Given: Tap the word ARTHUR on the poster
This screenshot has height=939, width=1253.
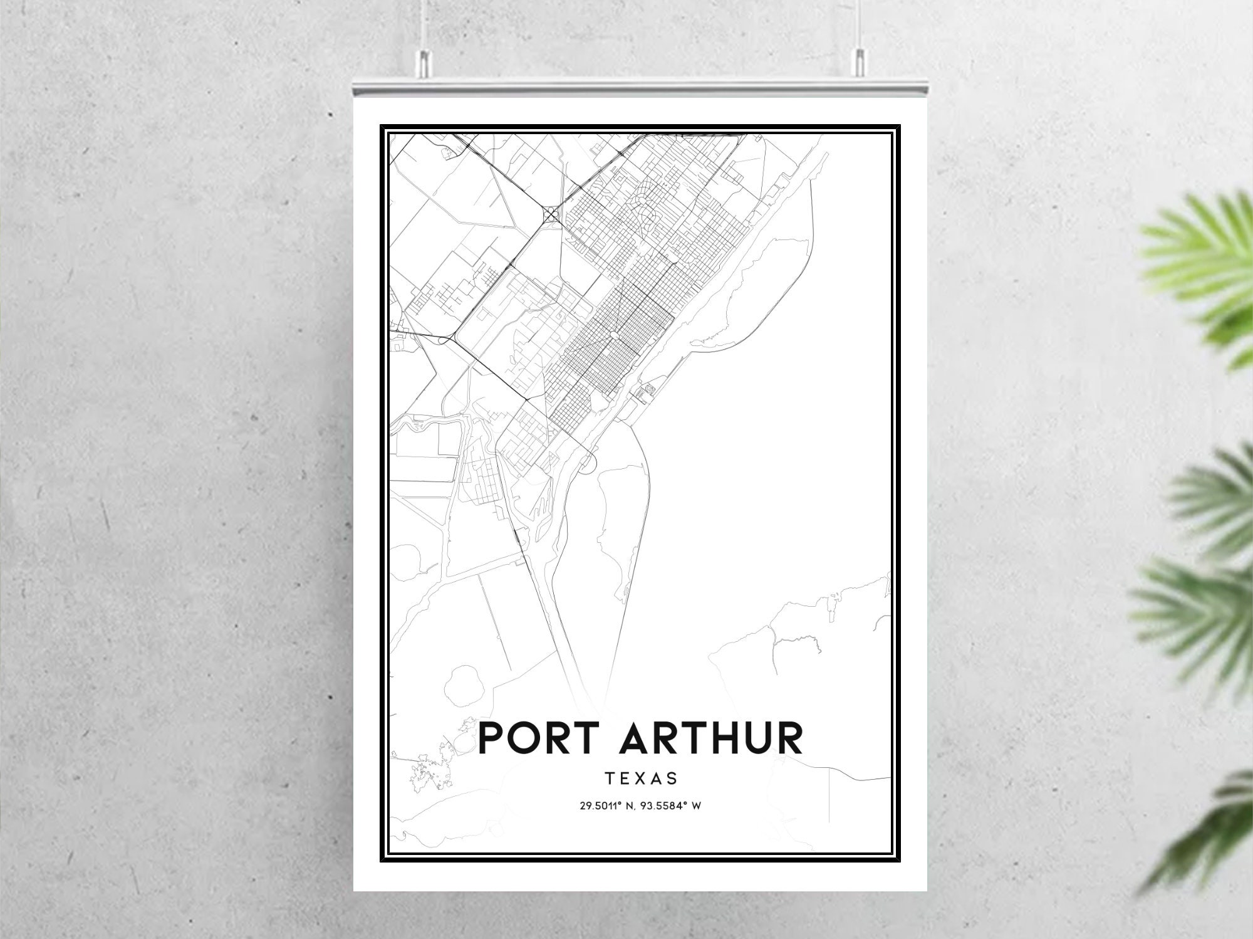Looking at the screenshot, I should (x=711, y=738).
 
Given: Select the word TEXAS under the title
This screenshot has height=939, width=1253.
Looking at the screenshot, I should (x=641, y=779).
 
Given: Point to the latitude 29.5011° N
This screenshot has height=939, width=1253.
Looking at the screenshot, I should (x=606, y=806).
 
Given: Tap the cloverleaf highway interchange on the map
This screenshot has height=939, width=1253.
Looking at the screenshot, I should (x=552, y=214).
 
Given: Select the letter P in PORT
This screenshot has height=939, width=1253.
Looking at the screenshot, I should (x=492, y=738).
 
